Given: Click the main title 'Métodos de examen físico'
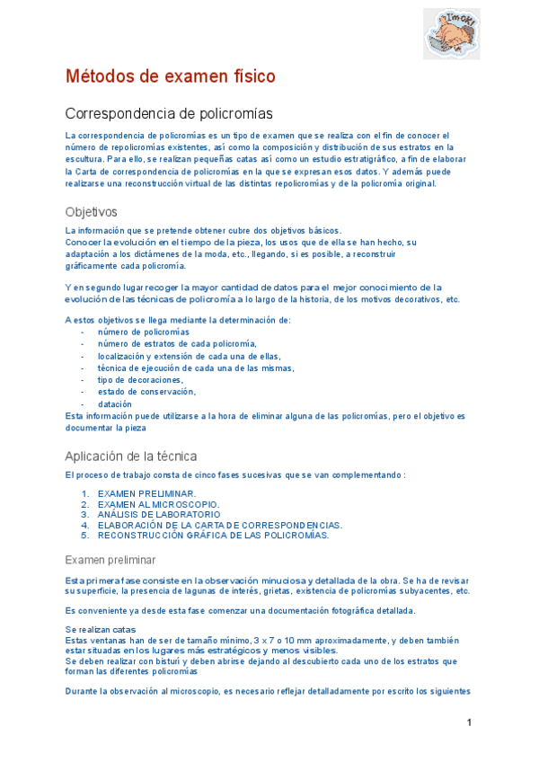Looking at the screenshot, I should tap(170, 76).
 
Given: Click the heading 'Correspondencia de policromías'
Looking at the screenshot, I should tap(169, 113).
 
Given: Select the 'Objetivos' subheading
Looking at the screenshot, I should tap(91, 212).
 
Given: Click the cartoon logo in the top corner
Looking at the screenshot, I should tap(451, 34).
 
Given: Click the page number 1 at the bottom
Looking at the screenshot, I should tap(469, 723).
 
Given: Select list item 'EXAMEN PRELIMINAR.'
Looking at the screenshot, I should tap(146, 494).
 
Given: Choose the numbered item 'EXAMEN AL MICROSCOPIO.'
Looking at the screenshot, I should tap(158, 505).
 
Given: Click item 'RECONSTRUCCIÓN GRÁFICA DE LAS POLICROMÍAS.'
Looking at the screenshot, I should tap(213, 536).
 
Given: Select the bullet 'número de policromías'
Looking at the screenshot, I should tap(144, 332).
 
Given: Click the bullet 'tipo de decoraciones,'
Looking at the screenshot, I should tap(140, 380).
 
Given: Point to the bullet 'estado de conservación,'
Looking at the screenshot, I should tap(146, 392).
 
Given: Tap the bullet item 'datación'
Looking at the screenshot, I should tap(115, 404).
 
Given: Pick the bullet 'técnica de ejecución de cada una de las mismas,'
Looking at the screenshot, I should tap(196, 368).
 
